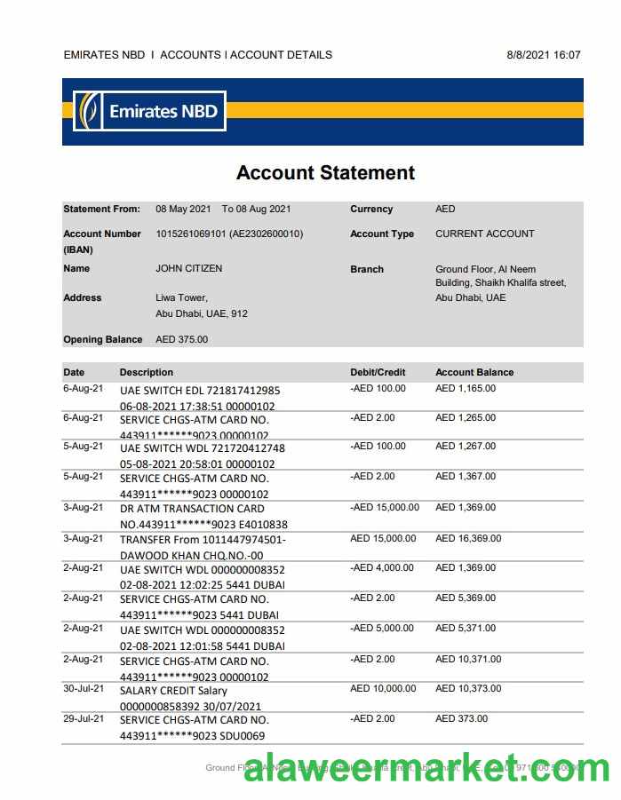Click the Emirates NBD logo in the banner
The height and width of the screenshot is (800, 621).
(148, 112)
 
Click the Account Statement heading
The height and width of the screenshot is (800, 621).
(325, 173)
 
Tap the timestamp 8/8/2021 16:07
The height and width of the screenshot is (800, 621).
(543, 55)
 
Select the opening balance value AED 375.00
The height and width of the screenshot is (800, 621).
(181, 339)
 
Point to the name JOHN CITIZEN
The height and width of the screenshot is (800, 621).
(188, 268)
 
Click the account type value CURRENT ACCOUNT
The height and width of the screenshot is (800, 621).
(484, 234)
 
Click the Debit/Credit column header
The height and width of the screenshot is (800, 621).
(378, 372)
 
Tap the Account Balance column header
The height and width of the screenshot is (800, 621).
(474, 372)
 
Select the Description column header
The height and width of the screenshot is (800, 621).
(147, 372)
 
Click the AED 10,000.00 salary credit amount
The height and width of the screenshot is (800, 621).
(383, 688)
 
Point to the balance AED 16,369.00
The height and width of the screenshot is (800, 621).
(467, 538)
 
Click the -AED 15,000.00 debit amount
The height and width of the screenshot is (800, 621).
(385, 507)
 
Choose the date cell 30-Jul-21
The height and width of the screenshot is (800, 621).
(83, 688)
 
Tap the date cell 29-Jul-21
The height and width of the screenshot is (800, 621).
(83, 718)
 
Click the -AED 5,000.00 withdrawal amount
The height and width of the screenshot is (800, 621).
(382, 628)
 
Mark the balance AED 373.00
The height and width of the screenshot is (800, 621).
(461, 718)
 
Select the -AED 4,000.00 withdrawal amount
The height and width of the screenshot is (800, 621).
(382, 567)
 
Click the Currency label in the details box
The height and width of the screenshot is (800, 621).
(371, 209)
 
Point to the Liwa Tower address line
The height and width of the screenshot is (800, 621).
(181, 297)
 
